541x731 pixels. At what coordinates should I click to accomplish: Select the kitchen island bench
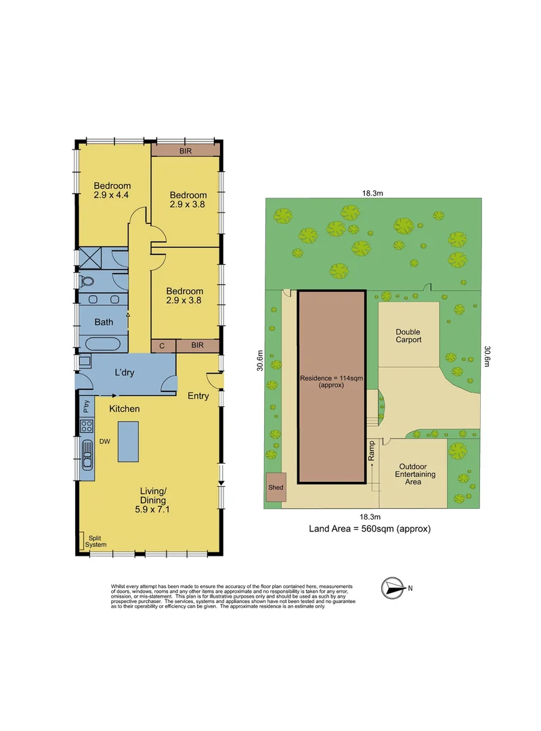pyautogui.click(x=128, y=441)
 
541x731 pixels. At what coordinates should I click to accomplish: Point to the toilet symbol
pyautogui.click(x=87, y=282)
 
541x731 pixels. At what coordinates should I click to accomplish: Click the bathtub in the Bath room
pyautogui.click(x=103, y=343)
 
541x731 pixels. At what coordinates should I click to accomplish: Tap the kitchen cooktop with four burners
pyautogui.click(x=87, y=426)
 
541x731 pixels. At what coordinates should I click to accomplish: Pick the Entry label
pyautogui.click(x=198, y=396)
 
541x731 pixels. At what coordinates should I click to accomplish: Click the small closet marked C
pyautogui.click(x=163, y=346)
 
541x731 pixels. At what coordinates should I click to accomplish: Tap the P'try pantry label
pyautogui.click(x=86, y=407)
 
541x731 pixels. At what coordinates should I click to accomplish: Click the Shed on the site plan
pyautogui.click(x=276, y=487)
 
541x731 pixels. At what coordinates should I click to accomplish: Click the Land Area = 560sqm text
pyautogui.click(x=369, y=529)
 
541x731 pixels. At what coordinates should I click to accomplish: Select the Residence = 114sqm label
pyautogui.click(x=332, y=382)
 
